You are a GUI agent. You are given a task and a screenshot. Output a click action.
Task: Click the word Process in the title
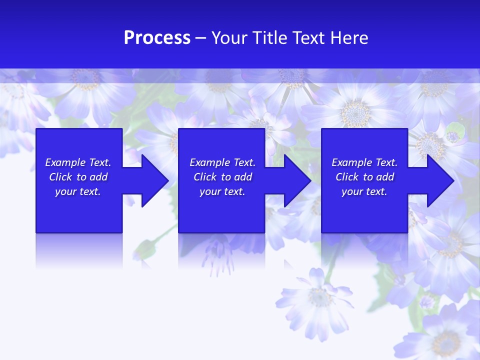point(157,38)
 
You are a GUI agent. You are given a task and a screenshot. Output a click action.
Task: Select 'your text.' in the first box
point(78,191)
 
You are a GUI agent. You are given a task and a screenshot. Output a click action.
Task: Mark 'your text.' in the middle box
point(222,191)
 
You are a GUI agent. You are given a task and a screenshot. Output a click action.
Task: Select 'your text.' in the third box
point(364,191)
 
